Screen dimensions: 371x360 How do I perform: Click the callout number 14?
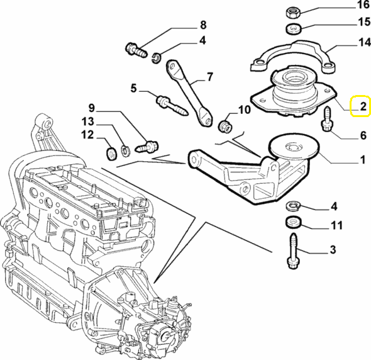pos(364,43)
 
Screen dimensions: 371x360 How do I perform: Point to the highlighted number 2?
pos(363,106)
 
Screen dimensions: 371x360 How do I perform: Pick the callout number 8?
pos(203,25)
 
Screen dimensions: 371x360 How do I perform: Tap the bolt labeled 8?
pos(136,50)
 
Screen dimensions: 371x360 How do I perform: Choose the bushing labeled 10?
pos(225,127)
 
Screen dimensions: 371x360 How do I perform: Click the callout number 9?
pos(92,108)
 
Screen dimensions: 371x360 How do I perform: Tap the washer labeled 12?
pos(111,154)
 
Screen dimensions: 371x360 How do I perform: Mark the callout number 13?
pos(88,122)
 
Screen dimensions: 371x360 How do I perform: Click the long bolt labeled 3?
pos(294,251)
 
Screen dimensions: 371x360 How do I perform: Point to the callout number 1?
pos(363,159)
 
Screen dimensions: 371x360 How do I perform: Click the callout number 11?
pos(337,225)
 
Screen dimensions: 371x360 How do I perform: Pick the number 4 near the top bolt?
pos(202,40)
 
